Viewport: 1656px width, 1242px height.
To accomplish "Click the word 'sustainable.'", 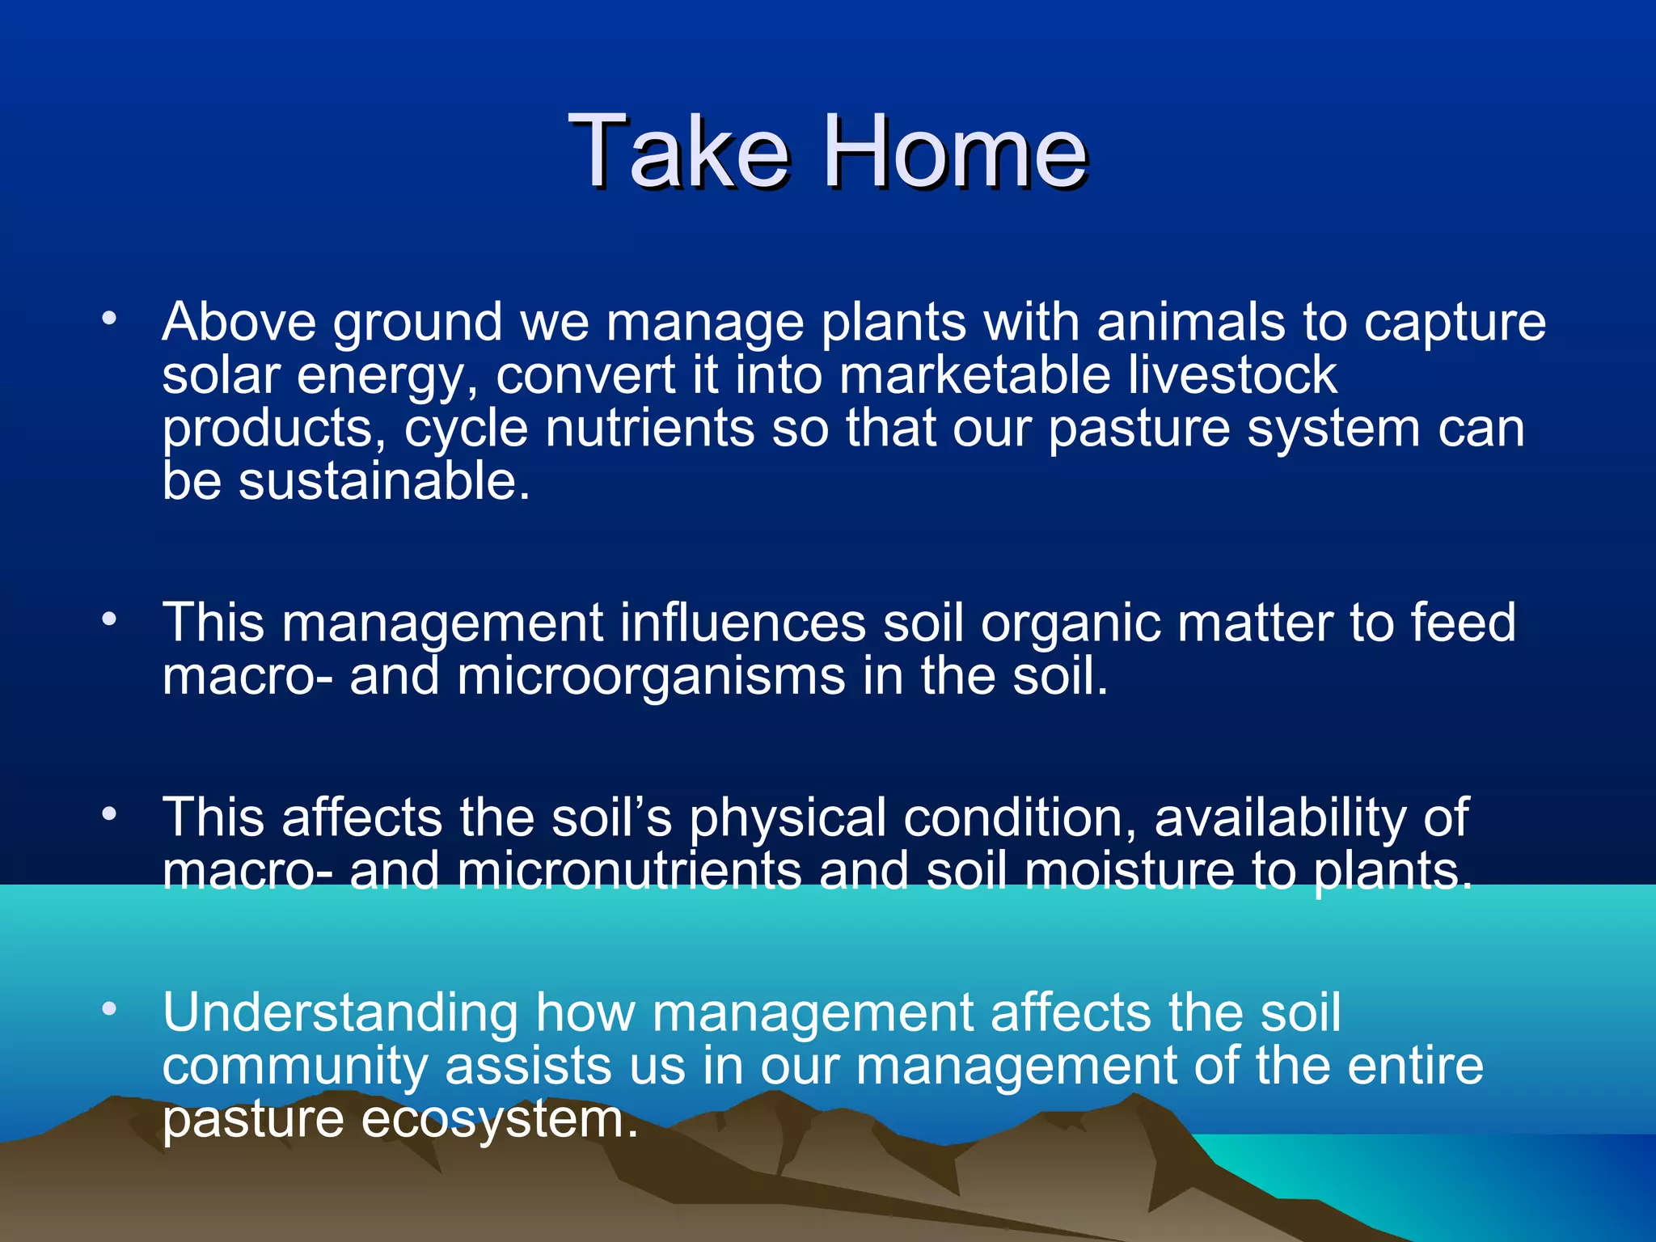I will [384, 481].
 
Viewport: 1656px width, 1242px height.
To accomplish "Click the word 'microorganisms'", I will [651, 676].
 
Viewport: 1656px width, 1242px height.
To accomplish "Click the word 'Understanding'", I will [340, 1013].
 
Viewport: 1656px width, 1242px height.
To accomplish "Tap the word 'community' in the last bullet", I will [294, 1067].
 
